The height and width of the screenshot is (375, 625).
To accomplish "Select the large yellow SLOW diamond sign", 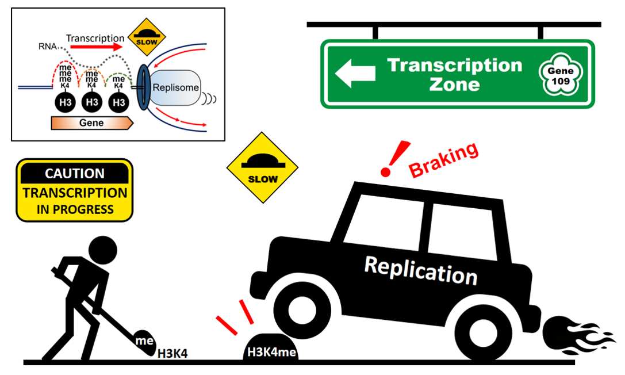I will click(x=262, y=167).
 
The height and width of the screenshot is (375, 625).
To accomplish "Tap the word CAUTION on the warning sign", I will click(x=75, y=173).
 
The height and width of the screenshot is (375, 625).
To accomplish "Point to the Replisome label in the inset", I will click(x=175, y=89).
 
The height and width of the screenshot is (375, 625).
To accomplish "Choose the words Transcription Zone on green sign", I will click(x=454, y=74).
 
